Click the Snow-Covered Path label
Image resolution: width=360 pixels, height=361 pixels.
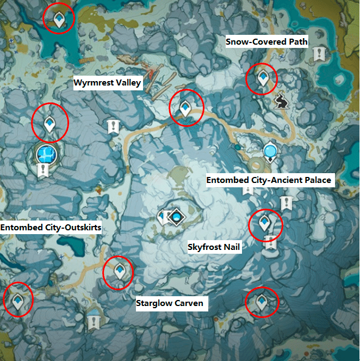[x=267, y=41]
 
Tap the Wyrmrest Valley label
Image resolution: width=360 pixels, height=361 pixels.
[x=108, y=83]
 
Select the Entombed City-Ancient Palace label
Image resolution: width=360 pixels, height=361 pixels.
[x=269, y=180]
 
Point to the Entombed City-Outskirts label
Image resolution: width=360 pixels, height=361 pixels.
[x=51, y=227]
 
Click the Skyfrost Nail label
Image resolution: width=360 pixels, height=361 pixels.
[x=214, y=247]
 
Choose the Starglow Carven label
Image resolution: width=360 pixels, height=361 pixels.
[x=170, y=303]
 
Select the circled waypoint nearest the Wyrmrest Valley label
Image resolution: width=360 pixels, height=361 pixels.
[x=186, y=107]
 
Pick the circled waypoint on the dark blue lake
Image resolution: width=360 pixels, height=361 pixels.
[x=59, y=19]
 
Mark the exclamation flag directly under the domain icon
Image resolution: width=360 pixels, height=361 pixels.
[x=43, y=172]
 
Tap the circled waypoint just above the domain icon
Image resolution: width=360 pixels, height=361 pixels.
[x=50, y=123]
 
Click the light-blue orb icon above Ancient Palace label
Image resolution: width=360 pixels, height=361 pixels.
[x=270, y=150]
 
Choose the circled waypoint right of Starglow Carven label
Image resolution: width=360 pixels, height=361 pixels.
[x=262, y=302]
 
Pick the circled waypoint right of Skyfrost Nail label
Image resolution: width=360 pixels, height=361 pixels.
[x=265, y=224]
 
